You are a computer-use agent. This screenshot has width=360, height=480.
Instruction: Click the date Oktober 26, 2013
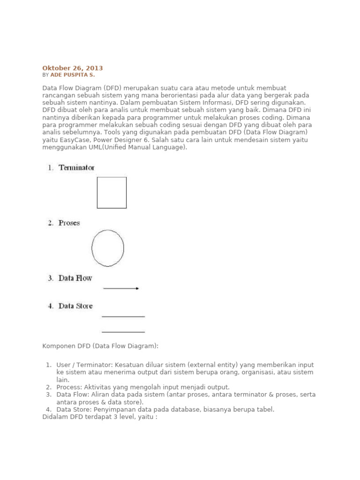click(73, 68)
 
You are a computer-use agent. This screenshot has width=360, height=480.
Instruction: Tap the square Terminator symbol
click(112, 193)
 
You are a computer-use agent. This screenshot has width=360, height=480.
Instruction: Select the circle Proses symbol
click(108, 248)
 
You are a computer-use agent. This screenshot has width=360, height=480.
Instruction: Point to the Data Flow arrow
click(121, 288)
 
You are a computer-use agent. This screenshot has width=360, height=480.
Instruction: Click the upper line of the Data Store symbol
click(123, 317)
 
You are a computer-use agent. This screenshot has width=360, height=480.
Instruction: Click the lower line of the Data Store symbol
click(123, 332)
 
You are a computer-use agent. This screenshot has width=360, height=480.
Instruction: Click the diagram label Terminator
click(76, 167)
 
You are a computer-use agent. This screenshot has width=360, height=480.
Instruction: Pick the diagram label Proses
click(69, 223)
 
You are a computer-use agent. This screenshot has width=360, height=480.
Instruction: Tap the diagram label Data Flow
click(75, 278)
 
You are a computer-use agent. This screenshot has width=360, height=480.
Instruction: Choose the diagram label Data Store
click(75, 306)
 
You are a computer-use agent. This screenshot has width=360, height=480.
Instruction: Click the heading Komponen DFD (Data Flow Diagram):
click(100, 346)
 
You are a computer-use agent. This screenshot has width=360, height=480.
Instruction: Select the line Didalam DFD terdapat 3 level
click(100, 416)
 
